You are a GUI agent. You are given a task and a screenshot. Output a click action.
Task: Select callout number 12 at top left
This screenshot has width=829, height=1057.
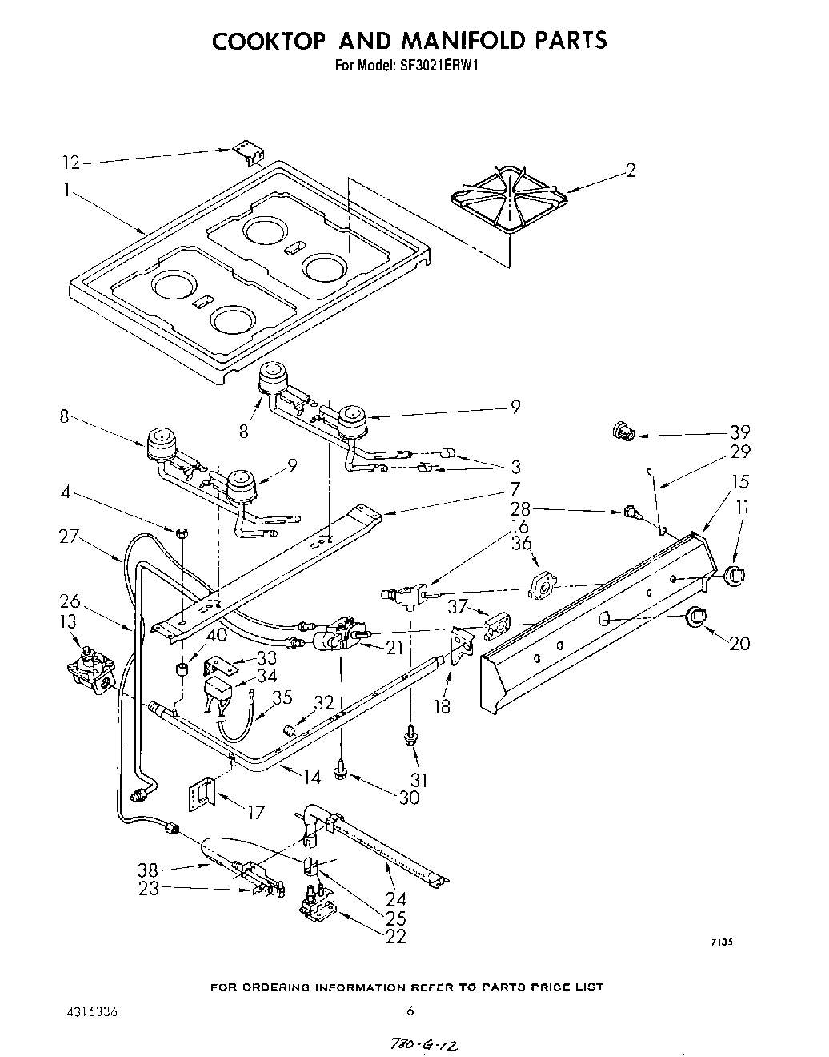71,163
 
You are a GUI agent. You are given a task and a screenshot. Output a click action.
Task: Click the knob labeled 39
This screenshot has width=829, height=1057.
622,432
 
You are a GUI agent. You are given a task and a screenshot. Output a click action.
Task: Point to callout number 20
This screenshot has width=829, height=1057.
739,642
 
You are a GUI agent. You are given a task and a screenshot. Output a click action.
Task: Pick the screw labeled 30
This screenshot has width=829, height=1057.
342,769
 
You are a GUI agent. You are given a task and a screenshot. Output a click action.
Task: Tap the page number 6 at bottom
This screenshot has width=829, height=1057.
410,1011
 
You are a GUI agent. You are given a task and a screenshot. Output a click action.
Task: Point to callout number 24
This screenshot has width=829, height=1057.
396,899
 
